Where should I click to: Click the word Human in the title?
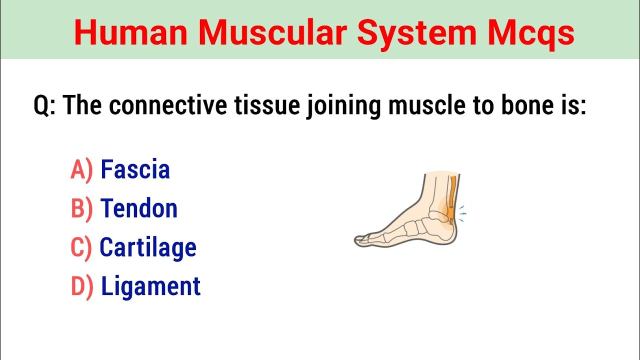click(x=130, y=33)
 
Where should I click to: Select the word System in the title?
click(x=417, y=33)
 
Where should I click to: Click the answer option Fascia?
click(x=135, y=169)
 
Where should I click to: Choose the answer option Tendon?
click(x=139, y=208)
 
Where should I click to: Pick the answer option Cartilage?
click(x=148, y=247)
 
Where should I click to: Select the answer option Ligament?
click(x=150, y=286)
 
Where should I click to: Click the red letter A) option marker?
click(x=81, y=170)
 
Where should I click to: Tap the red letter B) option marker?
click(x=81, y=209)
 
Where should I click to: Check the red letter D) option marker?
click(x=82, y=287)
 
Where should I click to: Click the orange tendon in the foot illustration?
click(x=453, y=195)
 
